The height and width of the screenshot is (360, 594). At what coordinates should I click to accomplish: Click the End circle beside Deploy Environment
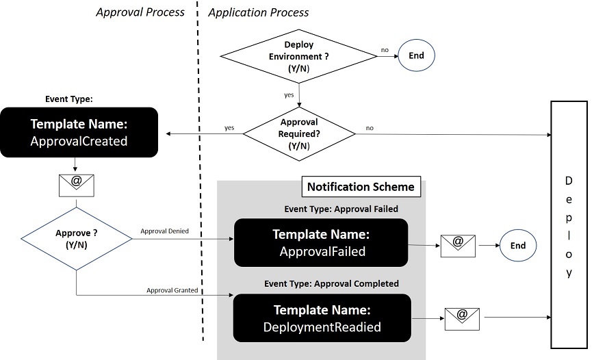coord(416,56)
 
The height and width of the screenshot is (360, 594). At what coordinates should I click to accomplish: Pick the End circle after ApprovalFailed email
coord(518,246)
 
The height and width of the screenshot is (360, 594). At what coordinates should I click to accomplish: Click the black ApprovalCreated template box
coord(79,133)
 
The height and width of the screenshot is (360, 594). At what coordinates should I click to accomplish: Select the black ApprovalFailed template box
coord(321,243)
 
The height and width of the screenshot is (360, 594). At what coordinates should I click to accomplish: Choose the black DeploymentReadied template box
coord(321,318)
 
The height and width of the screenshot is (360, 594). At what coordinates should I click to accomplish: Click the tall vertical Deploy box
coord(569,224)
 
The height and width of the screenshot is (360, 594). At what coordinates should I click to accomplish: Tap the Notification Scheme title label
coord(360,187)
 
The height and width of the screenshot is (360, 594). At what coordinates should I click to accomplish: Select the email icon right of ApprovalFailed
coord(459,245)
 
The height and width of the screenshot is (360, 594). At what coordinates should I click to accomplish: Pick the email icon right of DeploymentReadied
coord(462,318)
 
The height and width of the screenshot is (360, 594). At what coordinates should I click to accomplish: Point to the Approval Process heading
coord(140,12)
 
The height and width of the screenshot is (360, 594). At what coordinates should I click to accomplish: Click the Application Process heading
coord(258,12)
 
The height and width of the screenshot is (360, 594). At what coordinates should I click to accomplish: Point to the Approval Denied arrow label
coord(164,232)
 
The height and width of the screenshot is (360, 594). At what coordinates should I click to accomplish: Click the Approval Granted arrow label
coord(172,290)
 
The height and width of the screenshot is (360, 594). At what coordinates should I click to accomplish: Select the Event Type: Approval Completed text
coord(331,283)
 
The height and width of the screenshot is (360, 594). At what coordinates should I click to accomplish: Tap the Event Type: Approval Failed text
coord(341,209)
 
